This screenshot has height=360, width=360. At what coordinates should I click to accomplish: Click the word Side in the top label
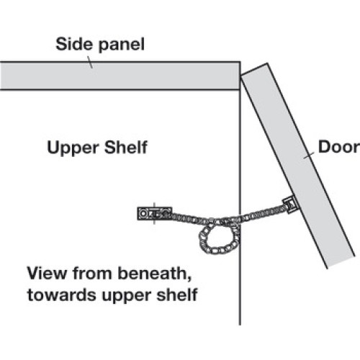(x=73, y=44)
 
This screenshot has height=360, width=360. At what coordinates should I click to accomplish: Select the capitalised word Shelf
(x=126, y=147)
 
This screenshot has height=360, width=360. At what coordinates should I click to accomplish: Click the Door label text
(x=339, y=147)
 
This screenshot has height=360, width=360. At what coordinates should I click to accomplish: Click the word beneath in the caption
(x=155, y=273)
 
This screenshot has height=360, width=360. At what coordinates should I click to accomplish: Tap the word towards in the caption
(x=62, y=295)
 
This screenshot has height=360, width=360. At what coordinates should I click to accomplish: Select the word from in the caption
(x=92, y=273)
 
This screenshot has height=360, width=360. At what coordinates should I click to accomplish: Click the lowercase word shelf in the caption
(x=177, y=294)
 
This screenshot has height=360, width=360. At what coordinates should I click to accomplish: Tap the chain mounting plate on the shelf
(x=155, y=213)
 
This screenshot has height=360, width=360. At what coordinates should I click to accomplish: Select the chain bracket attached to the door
(x=290, y=204)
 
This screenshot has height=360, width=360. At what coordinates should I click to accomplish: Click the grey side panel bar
(x=120, y=76)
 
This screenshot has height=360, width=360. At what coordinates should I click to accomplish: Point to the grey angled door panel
(x=297, y=166)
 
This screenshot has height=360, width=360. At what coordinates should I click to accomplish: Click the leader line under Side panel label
(x=90, y=62)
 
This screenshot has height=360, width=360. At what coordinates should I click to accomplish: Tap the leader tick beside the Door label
(x=309, y=156)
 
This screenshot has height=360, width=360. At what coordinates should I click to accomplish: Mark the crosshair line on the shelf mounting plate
(x=154, y=214)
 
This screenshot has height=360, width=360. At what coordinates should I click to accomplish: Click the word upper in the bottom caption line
(x=127, y=296)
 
